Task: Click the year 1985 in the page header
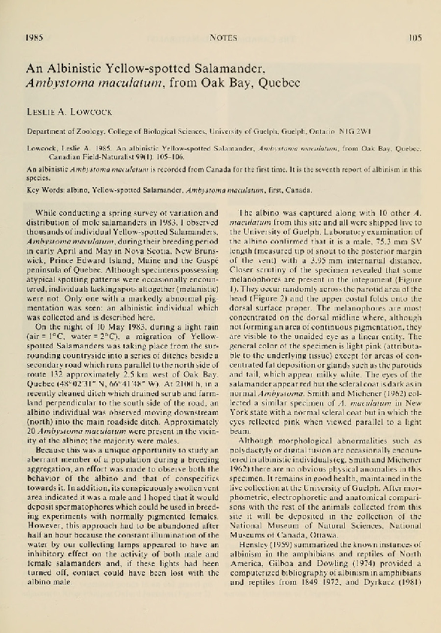(33, 35)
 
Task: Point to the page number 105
(413, 35)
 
